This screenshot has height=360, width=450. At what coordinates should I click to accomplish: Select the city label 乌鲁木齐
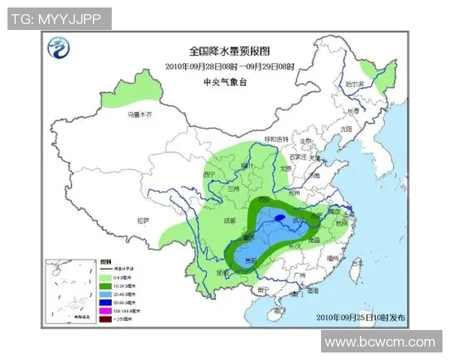139,115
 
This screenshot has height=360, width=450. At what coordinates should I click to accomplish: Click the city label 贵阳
248,259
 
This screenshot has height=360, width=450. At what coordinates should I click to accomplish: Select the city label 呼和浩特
275,139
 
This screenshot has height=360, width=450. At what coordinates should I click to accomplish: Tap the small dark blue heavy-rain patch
279,218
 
